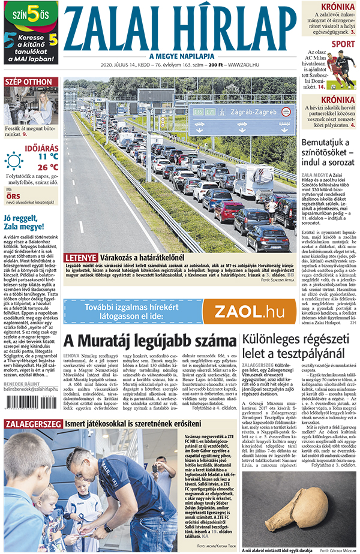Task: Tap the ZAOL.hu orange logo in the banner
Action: pos(249,311)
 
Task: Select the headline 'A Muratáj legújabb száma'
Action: pos(150,341)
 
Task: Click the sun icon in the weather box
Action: pos(14,161)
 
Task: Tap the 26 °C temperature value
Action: pos(47,167)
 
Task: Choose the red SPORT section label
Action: pos(343,44)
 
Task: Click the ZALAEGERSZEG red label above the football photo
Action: pos(30,424)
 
